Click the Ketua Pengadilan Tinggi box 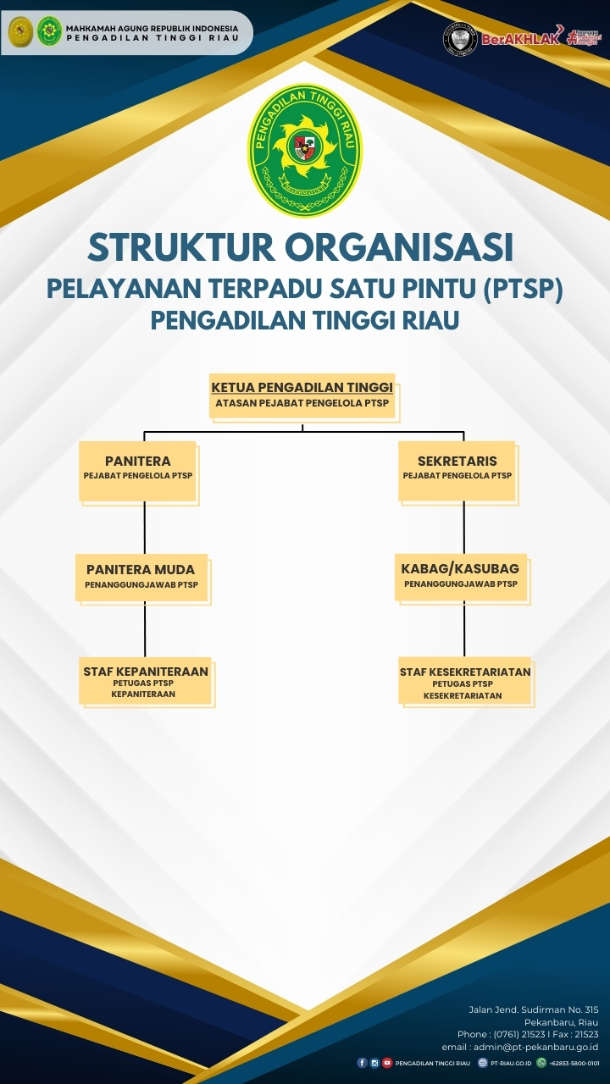[302, 395]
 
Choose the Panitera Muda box [141, 576]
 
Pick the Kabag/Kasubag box [461, 576]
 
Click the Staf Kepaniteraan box [146, 680]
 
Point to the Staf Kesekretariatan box [465, 680]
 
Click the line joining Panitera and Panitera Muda [145, 528]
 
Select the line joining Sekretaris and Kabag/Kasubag [463, 528]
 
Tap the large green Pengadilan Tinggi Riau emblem [305, 150]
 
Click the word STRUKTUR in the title [180, 247]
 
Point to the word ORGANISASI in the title [399, 247]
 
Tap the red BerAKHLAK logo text [521, 39]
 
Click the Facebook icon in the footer [363, 1063]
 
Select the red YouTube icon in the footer [387, 1063]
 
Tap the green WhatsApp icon [541, 1063]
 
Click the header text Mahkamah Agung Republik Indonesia [152, 28]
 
